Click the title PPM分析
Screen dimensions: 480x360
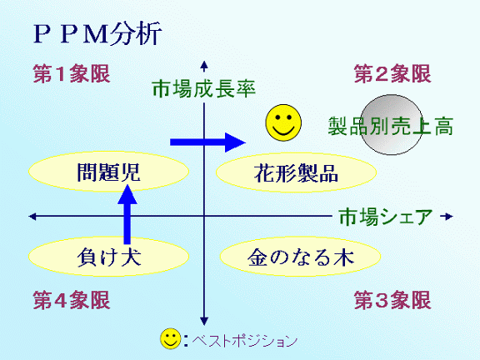tap(97, 33)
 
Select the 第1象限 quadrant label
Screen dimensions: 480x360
tap(72, 74)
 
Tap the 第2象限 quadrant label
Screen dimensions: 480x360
tap(392, 74)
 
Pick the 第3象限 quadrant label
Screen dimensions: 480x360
tap(392, 300)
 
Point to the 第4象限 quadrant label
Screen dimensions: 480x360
tap(72, 300)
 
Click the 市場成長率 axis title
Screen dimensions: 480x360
tap(204, 89)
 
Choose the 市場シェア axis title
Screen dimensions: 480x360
tap(386, 217)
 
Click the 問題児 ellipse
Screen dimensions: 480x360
tap(108, 172)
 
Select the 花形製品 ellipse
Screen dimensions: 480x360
tap(296, 172)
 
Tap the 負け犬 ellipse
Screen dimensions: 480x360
tap(108, 257)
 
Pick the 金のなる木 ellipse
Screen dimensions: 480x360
tap(300, 257)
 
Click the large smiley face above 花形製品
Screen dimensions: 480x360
tap(283, 122)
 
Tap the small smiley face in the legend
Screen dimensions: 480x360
tap(171, 338)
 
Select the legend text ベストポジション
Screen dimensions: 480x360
tap(245, 340)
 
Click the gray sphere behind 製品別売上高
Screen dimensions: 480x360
tap(391, 125)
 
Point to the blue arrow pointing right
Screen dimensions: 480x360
tap(207, 142)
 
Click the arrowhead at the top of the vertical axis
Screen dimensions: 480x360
tap(204, 65)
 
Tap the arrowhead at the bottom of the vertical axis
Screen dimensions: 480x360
tap(204, 321)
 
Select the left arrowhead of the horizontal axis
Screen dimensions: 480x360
tap(32, 217)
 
